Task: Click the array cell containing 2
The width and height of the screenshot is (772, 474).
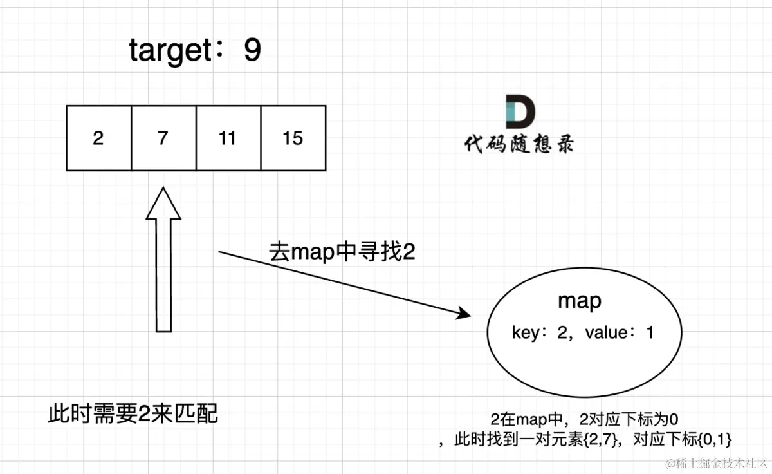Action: tap(98, 138)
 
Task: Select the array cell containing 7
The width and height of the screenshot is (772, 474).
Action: tap(163, 138)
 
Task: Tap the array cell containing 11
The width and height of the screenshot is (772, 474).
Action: tap(228, 138)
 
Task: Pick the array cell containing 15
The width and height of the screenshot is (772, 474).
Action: tap(293, 138)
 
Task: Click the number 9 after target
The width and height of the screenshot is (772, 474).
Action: tap(253, 51)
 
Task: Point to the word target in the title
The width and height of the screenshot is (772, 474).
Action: tap(169, 51)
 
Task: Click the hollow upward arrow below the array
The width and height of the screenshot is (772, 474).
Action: tap(164, 270)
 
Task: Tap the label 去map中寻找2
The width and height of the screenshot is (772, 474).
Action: tap(342, 252)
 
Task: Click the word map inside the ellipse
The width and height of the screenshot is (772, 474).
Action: tap(580, 301)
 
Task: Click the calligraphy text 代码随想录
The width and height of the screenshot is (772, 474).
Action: tap(519, 144)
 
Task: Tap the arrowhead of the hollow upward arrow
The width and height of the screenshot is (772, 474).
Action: tap(164, 203)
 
